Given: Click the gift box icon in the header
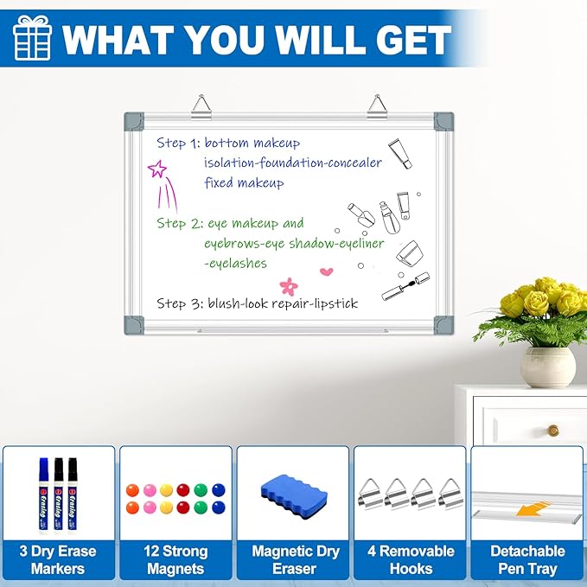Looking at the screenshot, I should click(x=32, y=39).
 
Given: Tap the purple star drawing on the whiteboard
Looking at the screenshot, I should click(x=157, y=169).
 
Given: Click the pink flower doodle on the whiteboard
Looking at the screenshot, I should click(x=288, y=284).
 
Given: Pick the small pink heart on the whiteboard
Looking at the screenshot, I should click(x=326, y=271).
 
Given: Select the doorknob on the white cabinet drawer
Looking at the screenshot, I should click(x=552, y=430).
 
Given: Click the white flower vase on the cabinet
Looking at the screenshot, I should click(x=547, y=365).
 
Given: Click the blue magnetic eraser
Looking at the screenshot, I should click(x=294, y=495).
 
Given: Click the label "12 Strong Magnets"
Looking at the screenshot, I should click(x=175, y=559).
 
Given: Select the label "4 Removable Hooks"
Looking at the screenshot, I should click(x=411, y=559).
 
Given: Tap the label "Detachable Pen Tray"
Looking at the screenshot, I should click(x=527, y=559).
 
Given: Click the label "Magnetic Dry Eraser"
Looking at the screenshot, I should click(x=293, y=559).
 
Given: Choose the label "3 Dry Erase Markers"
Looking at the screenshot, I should click(x=58, y=559).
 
